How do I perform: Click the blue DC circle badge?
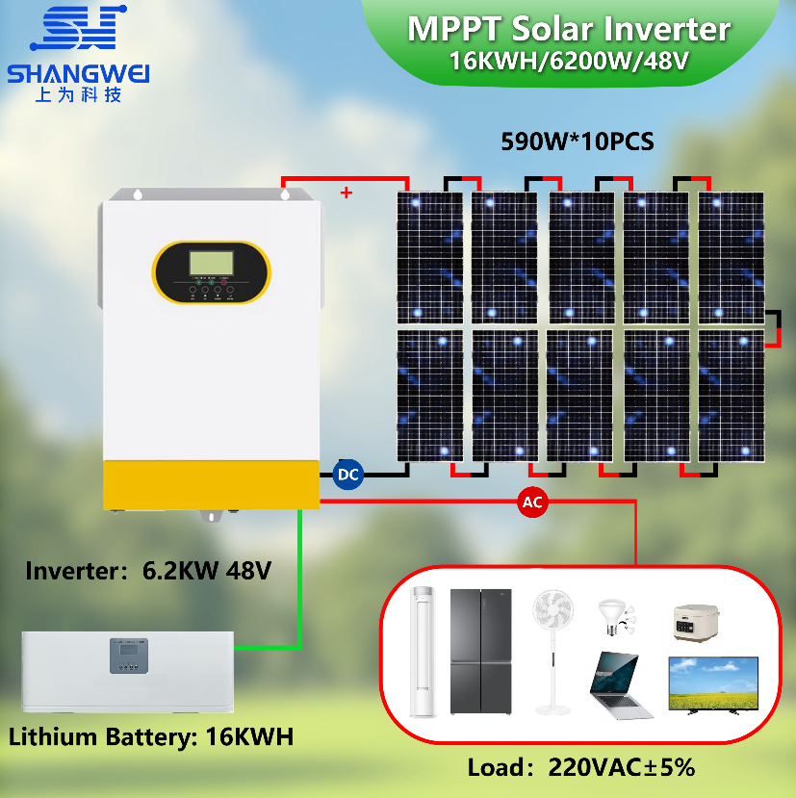point(348,475)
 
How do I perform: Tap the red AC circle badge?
point(532,502)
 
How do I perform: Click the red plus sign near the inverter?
point(347,193)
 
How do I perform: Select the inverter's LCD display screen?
point(211,263)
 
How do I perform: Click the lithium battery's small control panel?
point(129,656)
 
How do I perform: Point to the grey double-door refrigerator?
point(481,652)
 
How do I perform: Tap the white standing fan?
point(552,652)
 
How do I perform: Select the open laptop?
point(620,685)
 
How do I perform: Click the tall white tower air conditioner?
point(423,652)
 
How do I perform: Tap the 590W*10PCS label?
point(578,142)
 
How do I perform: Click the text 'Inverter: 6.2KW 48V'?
point(148,571)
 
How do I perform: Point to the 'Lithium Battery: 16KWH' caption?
point(151,736)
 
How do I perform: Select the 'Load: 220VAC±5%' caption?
point(581,767)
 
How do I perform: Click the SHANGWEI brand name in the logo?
point(78,74)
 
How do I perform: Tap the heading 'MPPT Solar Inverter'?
point(569,29)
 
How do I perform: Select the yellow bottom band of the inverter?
point(211,484)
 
